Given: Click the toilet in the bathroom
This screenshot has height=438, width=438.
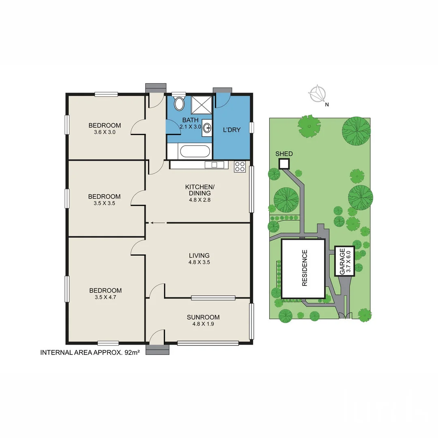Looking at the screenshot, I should pyautogui.click(x=178, y=104).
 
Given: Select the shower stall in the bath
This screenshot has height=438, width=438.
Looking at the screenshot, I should pyautogui.click(x=201, y=105).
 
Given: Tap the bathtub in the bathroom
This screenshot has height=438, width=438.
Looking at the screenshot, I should pyautogui.click(x=195, y=152).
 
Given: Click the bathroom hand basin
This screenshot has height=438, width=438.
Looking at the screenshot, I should pyautogui.click(x=207, y=128).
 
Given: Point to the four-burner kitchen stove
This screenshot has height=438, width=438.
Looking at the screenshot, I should pyautogui.click(x=240, y=166).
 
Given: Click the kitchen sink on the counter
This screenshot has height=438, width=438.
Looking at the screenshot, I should pyautogui.click(x=214, y=165).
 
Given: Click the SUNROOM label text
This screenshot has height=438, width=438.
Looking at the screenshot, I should pyautogui.click(x=203, y=317).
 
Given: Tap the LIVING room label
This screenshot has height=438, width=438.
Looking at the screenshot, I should pyautogui.click(x=199, y=255).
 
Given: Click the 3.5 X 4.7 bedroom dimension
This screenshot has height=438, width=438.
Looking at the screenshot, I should pyautogui.click(x=105, y=297).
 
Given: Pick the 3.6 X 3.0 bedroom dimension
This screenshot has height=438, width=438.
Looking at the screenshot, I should pyautogui.click(x=105, y=132).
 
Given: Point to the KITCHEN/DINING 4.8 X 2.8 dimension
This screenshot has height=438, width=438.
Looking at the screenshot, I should pyautogui.click(x=199, y=200).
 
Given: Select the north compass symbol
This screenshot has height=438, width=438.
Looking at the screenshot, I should pyautogui.click(x=317, y=94).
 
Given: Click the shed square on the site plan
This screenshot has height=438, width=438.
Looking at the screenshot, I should pyautogui.click(x=284, y=163).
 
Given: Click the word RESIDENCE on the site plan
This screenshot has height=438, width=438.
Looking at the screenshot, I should pyautogui.click(x=305, y=268).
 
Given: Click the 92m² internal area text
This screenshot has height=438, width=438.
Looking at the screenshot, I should pyautogui.click(x=129, y=353).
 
